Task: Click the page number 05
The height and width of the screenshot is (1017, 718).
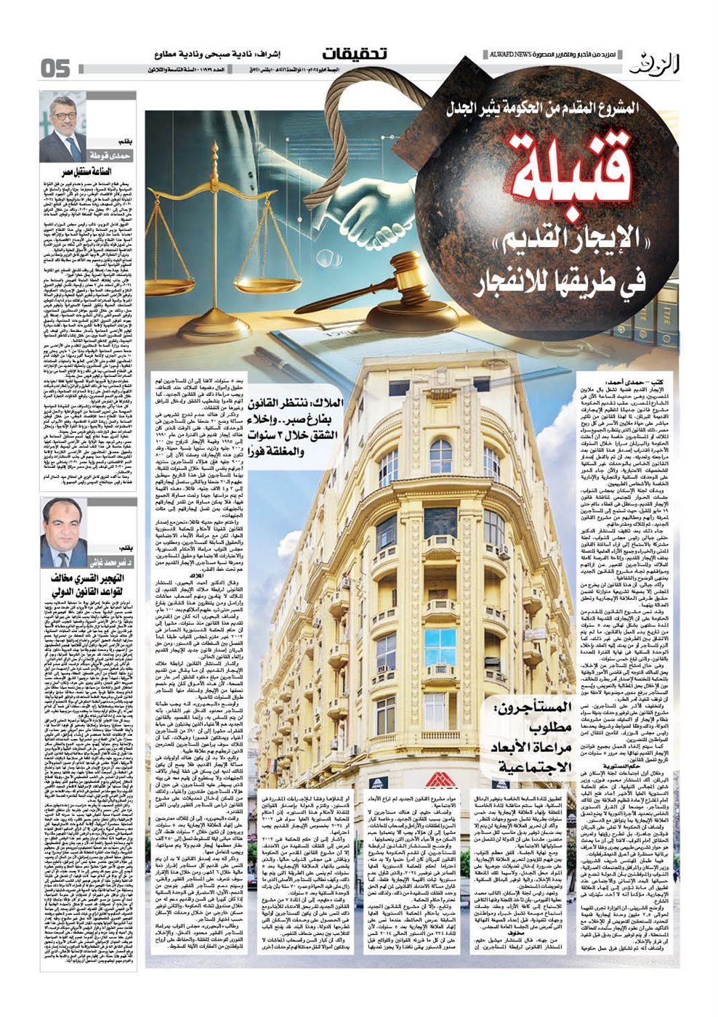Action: click(x=55, y=68)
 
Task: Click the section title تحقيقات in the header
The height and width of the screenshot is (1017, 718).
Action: click(x=355, y=54)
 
